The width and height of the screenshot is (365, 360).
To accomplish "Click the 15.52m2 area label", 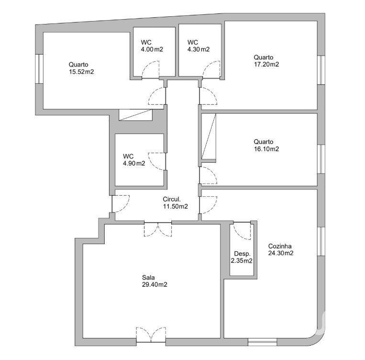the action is click(81, 72).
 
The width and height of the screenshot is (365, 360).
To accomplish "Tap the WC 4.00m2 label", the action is click(152, 46).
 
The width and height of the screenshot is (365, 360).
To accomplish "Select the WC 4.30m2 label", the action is click(199, 46).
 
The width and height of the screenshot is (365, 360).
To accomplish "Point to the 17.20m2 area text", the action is click(266, 64).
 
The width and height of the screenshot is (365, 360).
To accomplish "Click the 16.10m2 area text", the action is click(266, 149).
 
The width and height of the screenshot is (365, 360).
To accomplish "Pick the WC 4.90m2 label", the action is click(134, 160).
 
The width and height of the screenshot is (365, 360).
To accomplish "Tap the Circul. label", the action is click(172, 200).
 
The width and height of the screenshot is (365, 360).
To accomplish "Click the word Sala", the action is click(148, 278).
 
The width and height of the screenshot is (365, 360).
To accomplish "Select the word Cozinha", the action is click(280, 246).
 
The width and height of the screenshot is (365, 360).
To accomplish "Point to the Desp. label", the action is click(243, 254).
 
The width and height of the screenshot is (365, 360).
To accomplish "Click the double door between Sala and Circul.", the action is click(158, 229).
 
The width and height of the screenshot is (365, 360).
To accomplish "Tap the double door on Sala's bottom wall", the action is click(151, 335).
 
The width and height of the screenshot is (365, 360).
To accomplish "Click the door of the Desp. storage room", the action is click(242, 231).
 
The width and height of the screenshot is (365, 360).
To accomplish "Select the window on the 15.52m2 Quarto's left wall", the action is click(39, 69).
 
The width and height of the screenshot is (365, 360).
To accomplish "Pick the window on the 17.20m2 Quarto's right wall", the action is click(321, 70).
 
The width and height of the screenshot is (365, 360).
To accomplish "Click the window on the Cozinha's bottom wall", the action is click(262, 342).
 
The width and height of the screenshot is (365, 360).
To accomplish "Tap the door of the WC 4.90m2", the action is click(157, 161).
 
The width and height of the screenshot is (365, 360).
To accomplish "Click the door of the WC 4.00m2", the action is click(151, 69).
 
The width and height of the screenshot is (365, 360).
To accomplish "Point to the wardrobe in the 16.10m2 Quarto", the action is click(209, 137).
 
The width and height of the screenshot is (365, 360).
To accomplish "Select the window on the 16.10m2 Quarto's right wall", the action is click(321, 159).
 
